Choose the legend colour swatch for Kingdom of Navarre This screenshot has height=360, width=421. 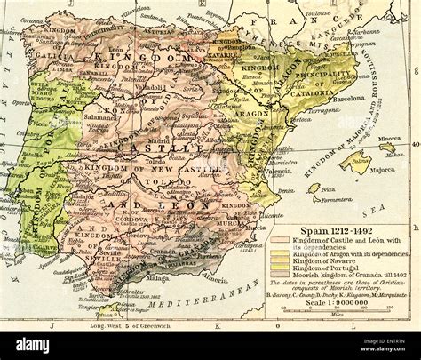pyautogui.click(x=279, y=262)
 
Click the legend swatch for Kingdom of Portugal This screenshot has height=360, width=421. pyautogui.click(x=279, y=269)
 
